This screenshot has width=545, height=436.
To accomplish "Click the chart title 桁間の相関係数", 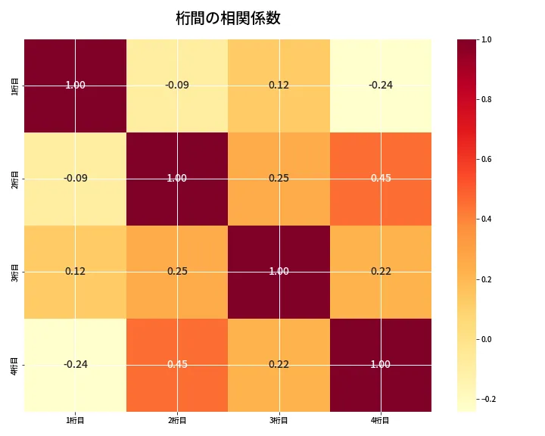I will [x=228, y=19].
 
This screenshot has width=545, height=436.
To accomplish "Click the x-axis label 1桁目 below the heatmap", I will [x=75, y=420].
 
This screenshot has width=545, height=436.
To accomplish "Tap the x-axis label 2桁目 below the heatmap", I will [x=177, y=420].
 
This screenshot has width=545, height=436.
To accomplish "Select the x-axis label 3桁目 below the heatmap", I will [x=279, y=420].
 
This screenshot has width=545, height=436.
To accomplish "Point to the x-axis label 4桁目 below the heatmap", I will [x=381, y=420].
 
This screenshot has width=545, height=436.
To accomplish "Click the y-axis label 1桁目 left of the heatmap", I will [x=16, y=86].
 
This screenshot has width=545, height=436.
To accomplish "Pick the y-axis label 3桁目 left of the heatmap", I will [x=16, y=272].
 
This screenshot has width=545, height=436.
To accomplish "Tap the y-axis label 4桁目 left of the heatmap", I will [x=16, y=365].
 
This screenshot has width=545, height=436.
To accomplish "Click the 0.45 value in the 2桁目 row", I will [x=381, y=179].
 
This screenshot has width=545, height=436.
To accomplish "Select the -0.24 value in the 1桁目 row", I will [x=381, y=86].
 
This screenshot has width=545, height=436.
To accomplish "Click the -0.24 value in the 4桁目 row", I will [x=75, y=365].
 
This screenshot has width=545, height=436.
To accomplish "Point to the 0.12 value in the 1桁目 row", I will [x=279, y=86].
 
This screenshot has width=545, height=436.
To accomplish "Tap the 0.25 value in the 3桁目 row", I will [x=177, y=272].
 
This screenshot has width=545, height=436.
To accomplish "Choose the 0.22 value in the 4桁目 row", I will [x=279, y=365].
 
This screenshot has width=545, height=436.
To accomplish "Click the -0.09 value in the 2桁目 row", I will [x=75, y=179].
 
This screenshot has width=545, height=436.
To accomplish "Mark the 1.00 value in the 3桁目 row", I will [x=279, y=272].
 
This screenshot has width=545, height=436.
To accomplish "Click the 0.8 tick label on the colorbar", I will [x=487, y=99].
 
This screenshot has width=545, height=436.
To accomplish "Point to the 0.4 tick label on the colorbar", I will [x=487, y=219].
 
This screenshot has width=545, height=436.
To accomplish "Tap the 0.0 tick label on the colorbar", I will [x=487, y=339].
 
